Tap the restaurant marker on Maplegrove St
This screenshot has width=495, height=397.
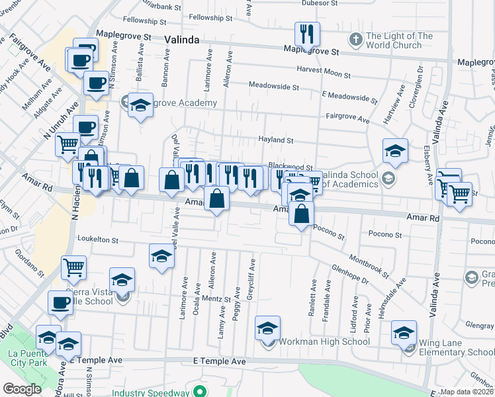(x=307, y=34)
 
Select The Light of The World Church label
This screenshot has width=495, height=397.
(x=399, y=41)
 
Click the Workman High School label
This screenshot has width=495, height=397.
(x=324, y=342)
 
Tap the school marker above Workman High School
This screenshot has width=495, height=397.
(x=267, y=328)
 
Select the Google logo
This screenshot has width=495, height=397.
(x=22, y=389)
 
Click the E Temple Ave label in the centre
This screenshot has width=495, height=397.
(x=219, y=362)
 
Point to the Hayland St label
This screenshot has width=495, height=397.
(x=275, y=140)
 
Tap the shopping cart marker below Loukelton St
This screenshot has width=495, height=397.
(x=73, y=268)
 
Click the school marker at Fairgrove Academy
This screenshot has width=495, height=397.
(x=140, y=106)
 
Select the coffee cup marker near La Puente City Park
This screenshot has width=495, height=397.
(x=60, y=303)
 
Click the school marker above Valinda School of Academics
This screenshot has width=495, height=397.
(x=395, y=152)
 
